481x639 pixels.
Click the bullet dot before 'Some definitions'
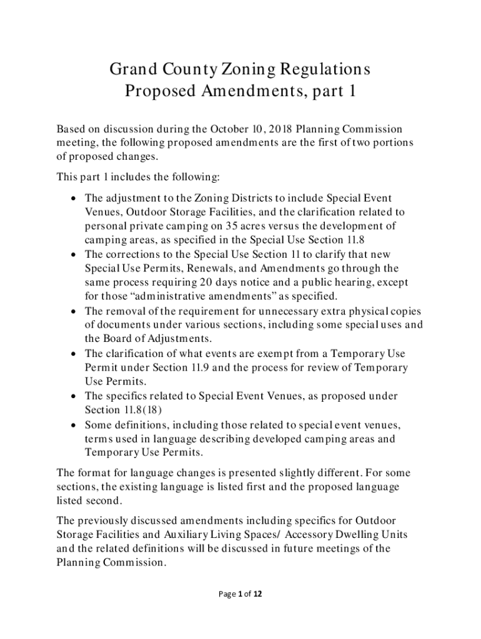pyautogui.click(x=74, y=425)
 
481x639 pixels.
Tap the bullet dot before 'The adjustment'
pyautogui.click(x=74, y=198)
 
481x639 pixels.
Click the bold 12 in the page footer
pyautogui.click(x=257, y=595)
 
